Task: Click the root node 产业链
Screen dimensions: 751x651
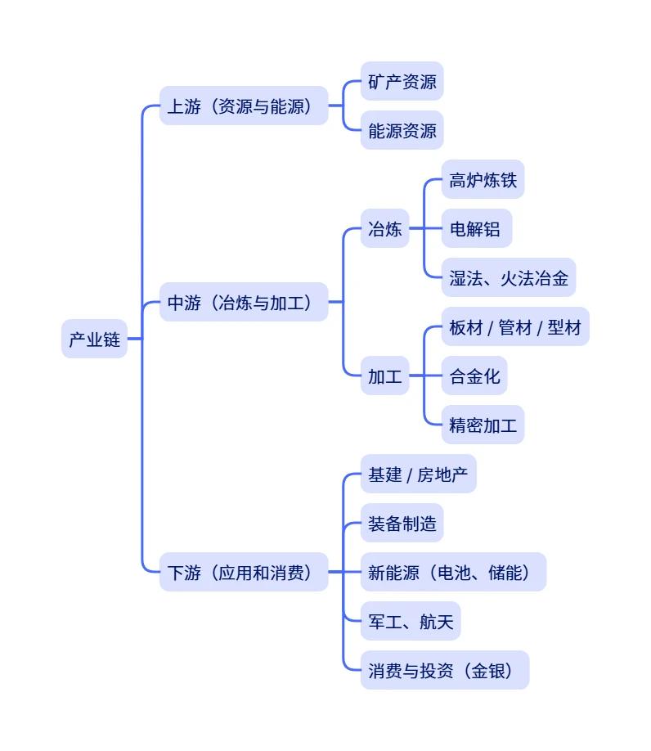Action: [94, 339]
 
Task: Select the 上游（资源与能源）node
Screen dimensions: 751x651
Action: [243, 106]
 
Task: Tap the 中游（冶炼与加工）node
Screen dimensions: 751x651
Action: [243, 302]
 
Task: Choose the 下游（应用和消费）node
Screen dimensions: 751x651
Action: [243, 572]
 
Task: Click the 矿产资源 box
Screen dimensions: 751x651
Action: [402, 81]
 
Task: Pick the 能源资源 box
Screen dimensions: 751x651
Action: [402, 130]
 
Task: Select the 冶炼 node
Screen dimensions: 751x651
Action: [384, 228]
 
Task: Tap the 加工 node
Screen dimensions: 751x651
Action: [384, 375]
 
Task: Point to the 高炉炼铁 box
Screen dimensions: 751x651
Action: [483, 179]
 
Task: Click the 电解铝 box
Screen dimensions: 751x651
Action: [476, 228]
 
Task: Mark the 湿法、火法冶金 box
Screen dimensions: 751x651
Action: [508, 277]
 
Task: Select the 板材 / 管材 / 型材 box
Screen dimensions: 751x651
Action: [514, 326]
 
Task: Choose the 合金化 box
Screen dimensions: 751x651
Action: [474, 375]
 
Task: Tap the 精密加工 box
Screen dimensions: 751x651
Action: [483, 425]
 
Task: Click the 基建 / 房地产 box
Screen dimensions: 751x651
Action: [418, 474]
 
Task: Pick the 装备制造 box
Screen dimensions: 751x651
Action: [402, 523]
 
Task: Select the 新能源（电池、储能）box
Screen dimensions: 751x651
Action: [453, 572]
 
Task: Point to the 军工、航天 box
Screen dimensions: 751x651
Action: [411, 621]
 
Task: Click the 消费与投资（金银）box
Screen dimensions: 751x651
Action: [445, 670]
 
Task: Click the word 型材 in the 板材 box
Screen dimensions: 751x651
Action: [564, 326]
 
